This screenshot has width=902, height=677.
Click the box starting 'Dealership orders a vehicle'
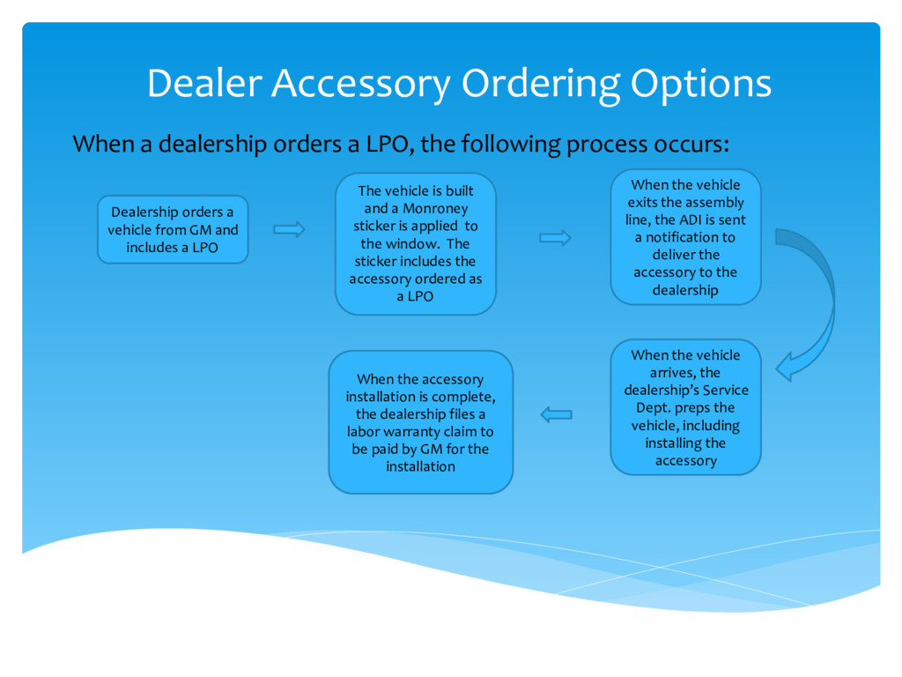[x=173, y=229]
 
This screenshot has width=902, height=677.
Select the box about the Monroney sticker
[x=416, y=243]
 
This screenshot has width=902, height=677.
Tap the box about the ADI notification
[x=685, y=237]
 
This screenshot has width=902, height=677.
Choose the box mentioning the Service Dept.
[x=685, y=407]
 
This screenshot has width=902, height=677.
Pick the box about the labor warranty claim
[x=420, y=422]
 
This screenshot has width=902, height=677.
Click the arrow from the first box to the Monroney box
[x=289, y=229]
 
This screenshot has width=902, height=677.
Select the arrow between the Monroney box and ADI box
[x=555, y=238]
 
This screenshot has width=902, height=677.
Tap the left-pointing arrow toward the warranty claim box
[x=556, y=413]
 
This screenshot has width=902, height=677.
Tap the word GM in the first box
[x=201, y=230]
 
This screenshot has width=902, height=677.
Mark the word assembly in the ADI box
[x=714, y=202]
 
